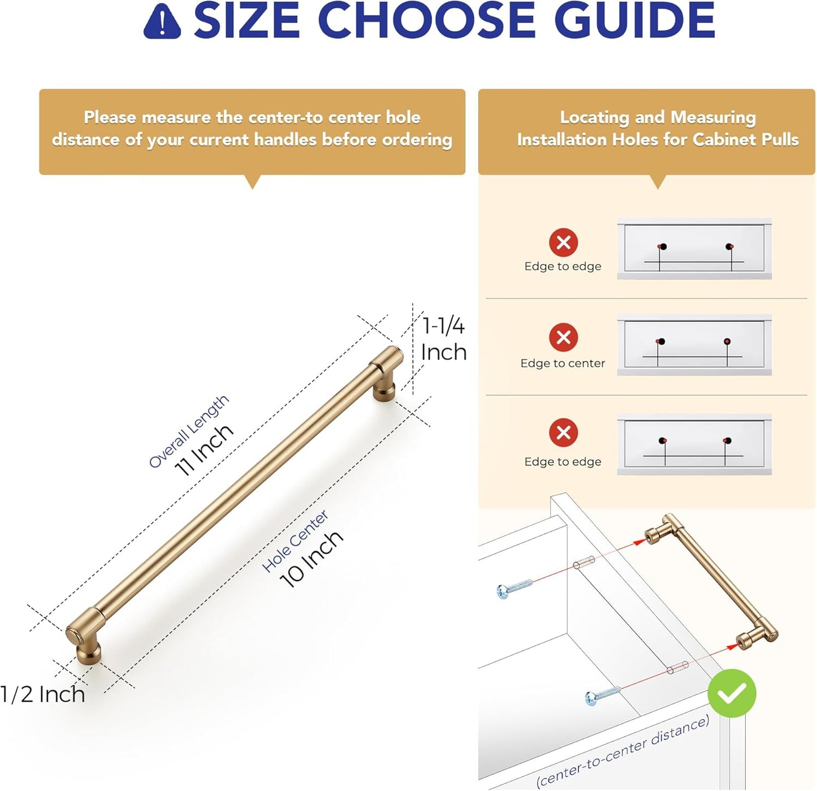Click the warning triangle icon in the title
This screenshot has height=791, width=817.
click(162, 22)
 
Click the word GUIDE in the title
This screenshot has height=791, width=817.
click(634, 20)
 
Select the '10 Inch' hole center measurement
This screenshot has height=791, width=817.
click(311, 559)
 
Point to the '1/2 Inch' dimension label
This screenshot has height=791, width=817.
click(42, 694)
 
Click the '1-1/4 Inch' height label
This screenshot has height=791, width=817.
click(444, 339)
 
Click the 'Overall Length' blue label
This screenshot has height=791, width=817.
click(189, 431)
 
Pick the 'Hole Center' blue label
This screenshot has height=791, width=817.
click(295, 541)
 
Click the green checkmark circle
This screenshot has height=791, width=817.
click(732, 693)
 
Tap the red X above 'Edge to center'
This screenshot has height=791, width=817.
click(564, 337)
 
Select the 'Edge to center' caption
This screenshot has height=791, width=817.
click(563, 363)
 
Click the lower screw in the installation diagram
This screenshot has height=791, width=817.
click(603, 695)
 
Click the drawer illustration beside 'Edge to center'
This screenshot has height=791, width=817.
click(694, 344)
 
